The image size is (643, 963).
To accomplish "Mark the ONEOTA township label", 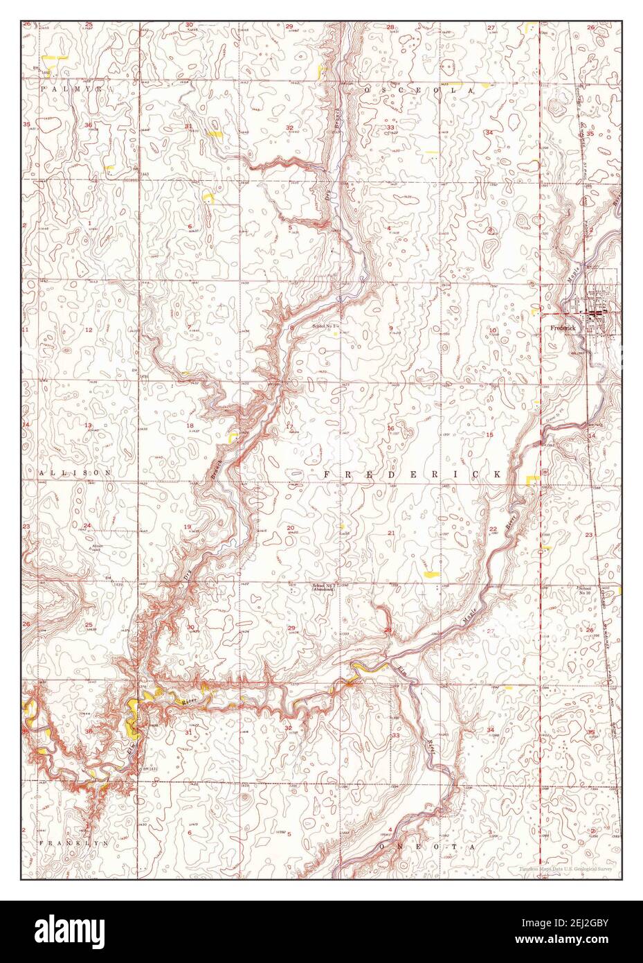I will click(x=433, y=847).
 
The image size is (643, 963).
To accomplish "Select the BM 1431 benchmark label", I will click(x=150, y=769).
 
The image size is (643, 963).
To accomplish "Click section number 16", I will click(x=390, y=428).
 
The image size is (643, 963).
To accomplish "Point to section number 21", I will click(x=391, y=533).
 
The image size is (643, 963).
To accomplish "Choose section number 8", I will click(x=291, y=328).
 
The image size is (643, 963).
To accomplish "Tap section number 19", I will click(x=188, y=527).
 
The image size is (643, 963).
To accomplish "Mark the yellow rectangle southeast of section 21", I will click(x=431, y=574).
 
